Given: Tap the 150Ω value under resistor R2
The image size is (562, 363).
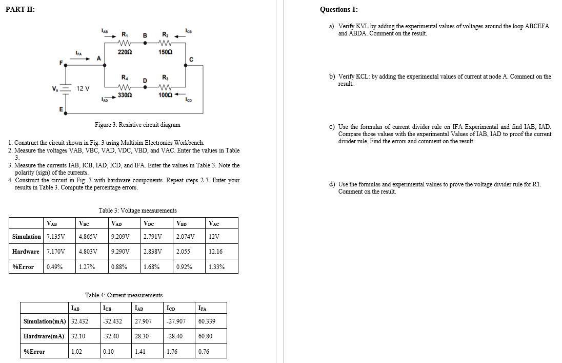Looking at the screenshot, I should pos(165,52).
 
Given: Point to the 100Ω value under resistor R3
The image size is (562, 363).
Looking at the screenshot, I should pos(165,95).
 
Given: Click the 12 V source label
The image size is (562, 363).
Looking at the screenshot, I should pos(83,88).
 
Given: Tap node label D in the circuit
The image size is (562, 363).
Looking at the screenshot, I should pos(145,81).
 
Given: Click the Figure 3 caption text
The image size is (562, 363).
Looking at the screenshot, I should pos(137,125).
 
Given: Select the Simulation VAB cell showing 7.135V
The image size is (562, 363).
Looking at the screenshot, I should pos(55,237).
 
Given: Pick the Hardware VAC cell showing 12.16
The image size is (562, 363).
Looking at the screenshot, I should pos(216,252).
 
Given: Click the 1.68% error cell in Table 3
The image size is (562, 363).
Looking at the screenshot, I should pos(151,267).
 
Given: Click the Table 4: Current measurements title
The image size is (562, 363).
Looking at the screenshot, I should pos(124,295).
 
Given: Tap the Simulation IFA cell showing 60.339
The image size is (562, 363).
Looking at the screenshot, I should pos(207,321).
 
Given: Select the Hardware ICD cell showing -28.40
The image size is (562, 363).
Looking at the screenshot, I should pos(175,337).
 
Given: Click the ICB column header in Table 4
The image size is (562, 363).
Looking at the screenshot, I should pos(108,308).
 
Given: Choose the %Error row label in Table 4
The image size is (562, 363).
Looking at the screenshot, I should pos(34,352).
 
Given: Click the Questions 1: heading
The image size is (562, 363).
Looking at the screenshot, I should pos(339,10).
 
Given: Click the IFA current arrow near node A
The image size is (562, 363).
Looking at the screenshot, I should pos(82,59).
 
